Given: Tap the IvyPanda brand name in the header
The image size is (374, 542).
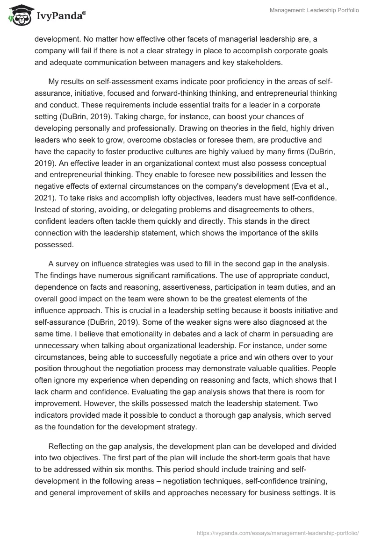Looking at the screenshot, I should tap(58, 15).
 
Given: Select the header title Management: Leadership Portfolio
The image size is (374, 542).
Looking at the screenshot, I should tap(314, 10).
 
